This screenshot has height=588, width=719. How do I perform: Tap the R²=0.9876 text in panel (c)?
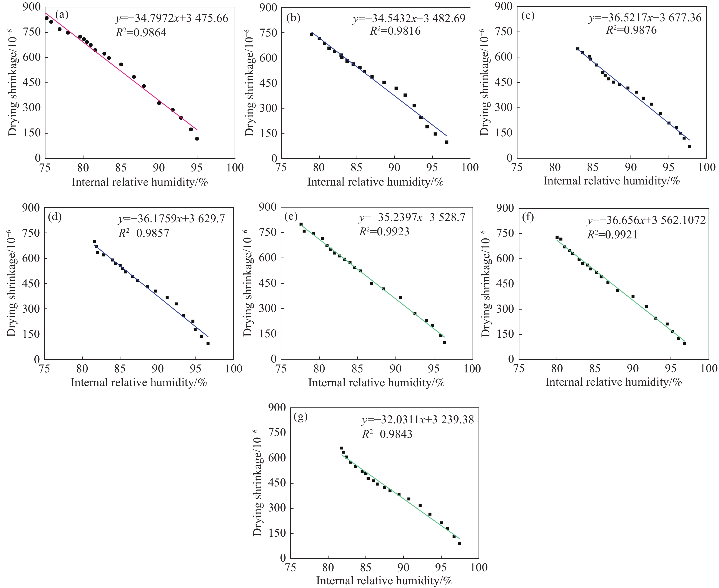point(631,30)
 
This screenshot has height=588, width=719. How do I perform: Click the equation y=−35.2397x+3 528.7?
point(412,218)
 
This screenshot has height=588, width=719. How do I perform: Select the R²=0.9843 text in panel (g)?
point(387,434)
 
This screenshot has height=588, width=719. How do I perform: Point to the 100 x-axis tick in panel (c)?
point(707,167)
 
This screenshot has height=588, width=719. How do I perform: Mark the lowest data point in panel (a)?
point(197,139)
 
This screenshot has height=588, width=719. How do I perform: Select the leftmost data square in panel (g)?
point(342,448)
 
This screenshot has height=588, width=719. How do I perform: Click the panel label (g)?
point(301,417)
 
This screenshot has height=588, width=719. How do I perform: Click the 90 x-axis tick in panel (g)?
point(403,567)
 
